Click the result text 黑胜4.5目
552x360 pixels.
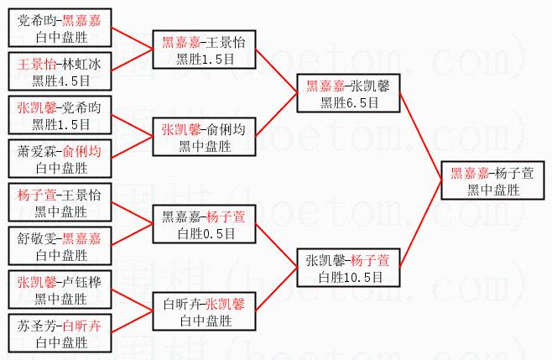tap(57, 80)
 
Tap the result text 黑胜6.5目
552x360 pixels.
tap(349, 102)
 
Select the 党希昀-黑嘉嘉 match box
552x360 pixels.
tap(57, 27)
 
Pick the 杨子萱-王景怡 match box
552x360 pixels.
tap(57, 202)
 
